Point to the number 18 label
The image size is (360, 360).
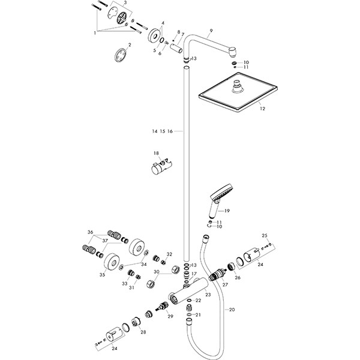pos(156,154)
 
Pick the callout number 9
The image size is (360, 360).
pos(211,31)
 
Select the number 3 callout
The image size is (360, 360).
pos(125,4)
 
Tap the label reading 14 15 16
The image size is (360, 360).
pos(162,131)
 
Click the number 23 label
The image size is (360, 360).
pos(208,294)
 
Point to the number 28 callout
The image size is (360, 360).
pos(143,332)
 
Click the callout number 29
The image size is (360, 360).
pos(170,316)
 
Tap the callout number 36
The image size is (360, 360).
pos(90,232)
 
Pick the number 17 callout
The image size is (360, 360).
pos(194,274)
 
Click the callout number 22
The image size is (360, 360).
pos(198,300)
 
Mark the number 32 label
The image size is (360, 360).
pos(169,254)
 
